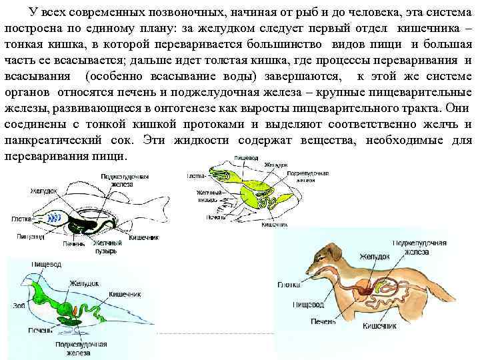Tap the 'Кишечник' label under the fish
143,237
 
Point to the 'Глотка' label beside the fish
23,219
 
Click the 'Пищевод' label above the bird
47,265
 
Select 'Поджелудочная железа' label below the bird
82,349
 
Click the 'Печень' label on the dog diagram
326,321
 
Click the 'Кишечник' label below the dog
379,326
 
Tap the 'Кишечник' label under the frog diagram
273,225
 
